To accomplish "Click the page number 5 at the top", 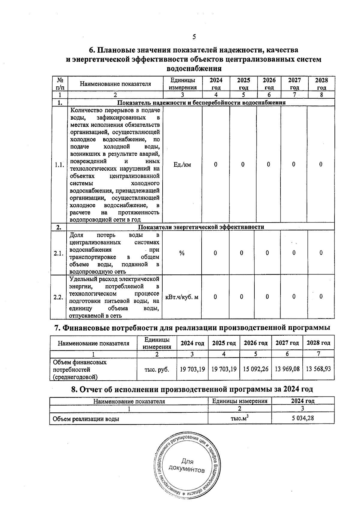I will click(x=194, y=37).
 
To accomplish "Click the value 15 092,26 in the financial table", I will click(x=256, y=369).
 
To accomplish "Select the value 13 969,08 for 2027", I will click(x=287, y=369).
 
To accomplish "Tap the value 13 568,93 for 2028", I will click(x=318, y=369).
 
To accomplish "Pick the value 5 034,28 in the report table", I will click(x=303, y=418).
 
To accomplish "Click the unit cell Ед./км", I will click(x=182, y=165).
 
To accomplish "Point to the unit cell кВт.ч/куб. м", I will click(x=182, y=297).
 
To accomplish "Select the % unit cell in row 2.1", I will click(x=182, y=253).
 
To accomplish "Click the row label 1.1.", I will click(x=59, y=165).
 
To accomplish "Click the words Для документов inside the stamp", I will click(x=187, y=466).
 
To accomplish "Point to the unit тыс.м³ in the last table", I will click(x=239, y=418).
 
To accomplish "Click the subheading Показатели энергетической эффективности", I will click(x=201, y=227).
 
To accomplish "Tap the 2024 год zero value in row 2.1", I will click(x=215, y=253).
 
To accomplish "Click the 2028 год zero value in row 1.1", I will click(x=321, y=164).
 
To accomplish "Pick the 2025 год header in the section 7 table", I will click(x=224, y=343).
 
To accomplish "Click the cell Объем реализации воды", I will click(x=86, y=419).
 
